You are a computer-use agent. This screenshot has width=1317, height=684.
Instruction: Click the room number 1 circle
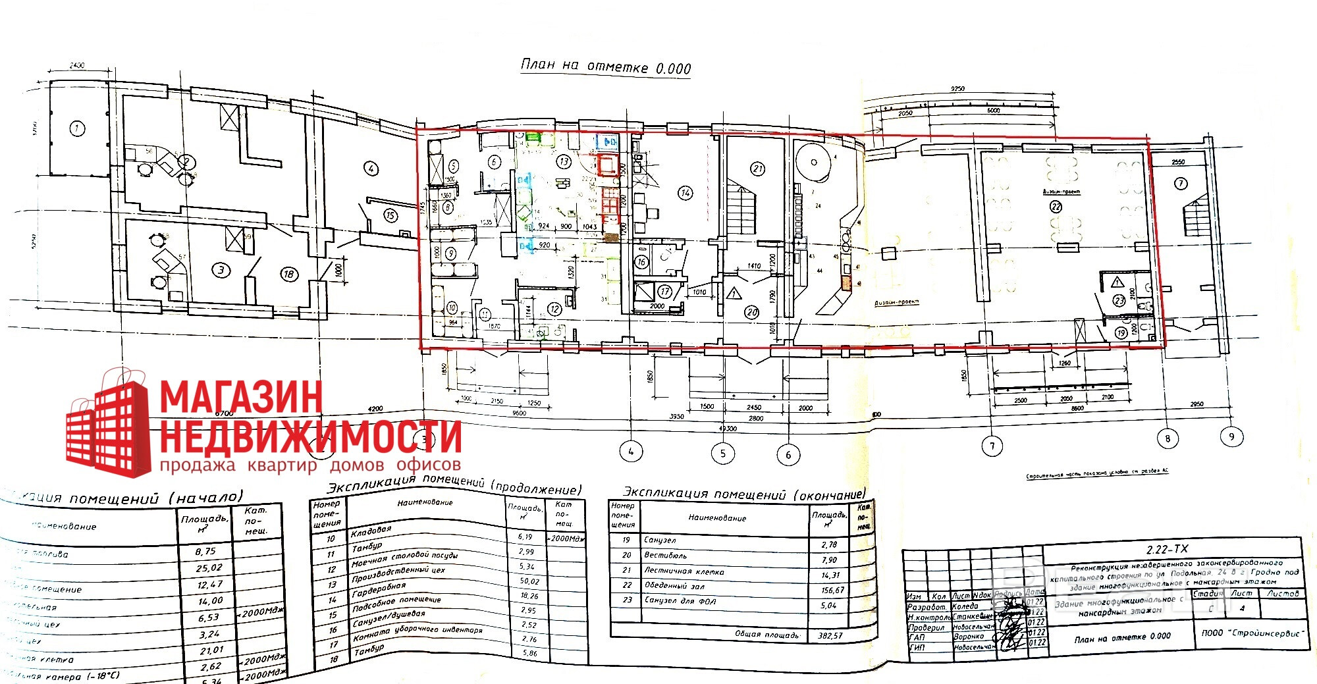78,128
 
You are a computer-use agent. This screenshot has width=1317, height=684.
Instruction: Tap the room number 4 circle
372,169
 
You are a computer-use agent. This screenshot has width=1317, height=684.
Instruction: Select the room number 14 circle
685,193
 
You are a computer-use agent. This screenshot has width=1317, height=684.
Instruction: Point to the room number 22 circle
1056,206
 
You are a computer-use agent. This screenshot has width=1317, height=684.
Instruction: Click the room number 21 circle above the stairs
758,169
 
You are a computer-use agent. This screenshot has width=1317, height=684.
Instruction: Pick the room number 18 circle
288,274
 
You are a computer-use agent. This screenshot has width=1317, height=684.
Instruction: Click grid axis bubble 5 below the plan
723,453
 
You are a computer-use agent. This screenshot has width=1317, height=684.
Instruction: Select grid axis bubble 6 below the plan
788,454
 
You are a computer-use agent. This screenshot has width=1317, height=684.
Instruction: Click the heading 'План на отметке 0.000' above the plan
606,66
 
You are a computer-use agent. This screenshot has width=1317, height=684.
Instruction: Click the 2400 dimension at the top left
78,65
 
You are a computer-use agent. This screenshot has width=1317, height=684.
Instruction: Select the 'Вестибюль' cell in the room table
665,556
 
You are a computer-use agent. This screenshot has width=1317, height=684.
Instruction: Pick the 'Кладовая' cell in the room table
371,531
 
